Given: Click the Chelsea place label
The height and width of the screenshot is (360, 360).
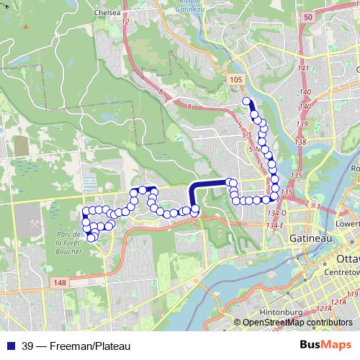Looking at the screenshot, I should click(x=105, y=12).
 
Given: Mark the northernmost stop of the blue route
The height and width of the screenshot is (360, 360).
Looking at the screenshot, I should click(x=246, y=102).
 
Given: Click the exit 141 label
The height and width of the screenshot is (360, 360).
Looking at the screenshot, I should click(x=303, y=68).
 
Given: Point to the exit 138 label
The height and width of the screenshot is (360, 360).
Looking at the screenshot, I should click(x=300, y=143).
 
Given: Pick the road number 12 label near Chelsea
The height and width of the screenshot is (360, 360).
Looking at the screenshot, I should click(x=125, y=23).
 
